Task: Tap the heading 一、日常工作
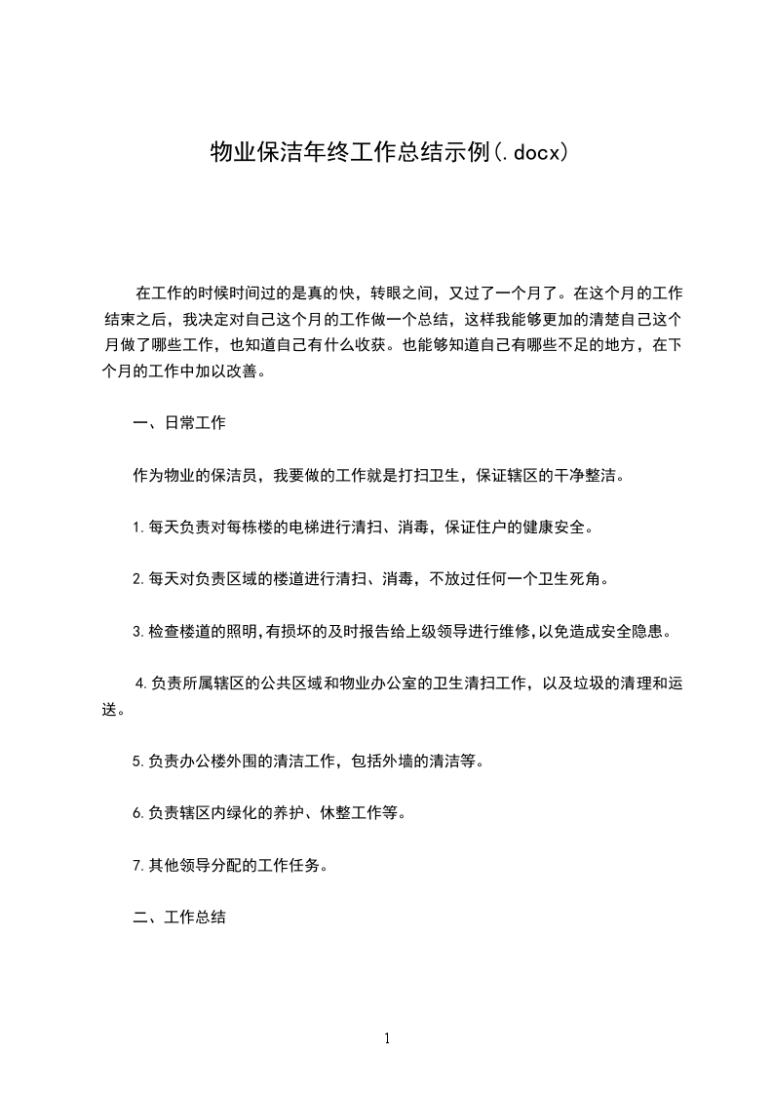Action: tap(179, 423)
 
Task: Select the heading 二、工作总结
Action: tap(179, 918)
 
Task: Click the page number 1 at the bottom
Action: tap(387, 1038)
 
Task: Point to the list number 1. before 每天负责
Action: tap(138, 527)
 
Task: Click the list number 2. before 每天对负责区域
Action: tap(138, 579)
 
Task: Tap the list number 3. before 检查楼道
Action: tap(138, 631)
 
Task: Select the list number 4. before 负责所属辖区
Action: tap(141, 684)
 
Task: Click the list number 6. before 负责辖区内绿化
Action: tap(138, 813)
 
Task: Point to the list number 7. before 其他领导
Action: tap(138, 865)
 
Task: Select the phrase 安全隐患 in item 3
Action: tap(637, 631)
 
